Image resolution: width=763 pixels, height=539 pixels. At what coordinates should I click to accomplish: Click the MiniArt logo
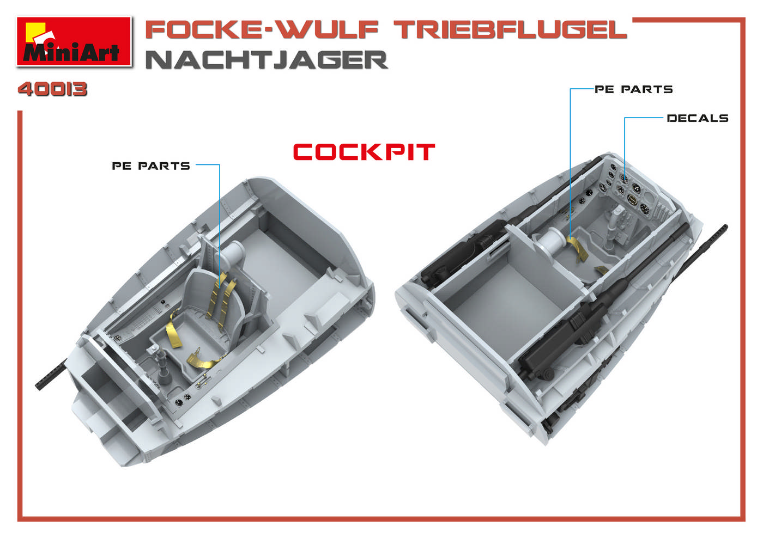(74, 42)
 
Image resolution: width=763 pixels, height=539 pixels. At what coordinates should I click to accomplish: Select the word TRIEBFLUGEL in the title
(511, 30)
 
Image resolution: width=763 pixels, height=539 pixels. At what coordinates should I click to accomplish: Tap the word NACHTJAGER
(267, 60)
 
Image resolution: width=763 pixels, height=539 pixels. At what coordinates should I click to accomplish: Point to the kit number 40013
(52, 89)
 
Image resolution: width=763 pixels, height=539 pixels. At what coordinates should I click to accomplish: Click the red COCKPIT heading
(364, 152)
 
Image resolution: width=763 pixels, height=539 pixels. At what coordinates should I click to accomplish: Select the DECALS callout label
(698, 118)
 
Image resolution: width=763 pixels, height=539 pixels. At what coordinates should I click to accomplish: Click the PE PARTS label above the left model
(151, 166)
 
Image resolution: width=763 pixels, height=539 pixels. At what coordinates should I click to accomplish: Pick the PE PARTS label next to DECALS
(633, 89)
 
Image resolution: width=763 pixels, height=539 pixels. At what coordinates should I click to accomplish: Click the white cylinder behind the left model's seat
(232, 253)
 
